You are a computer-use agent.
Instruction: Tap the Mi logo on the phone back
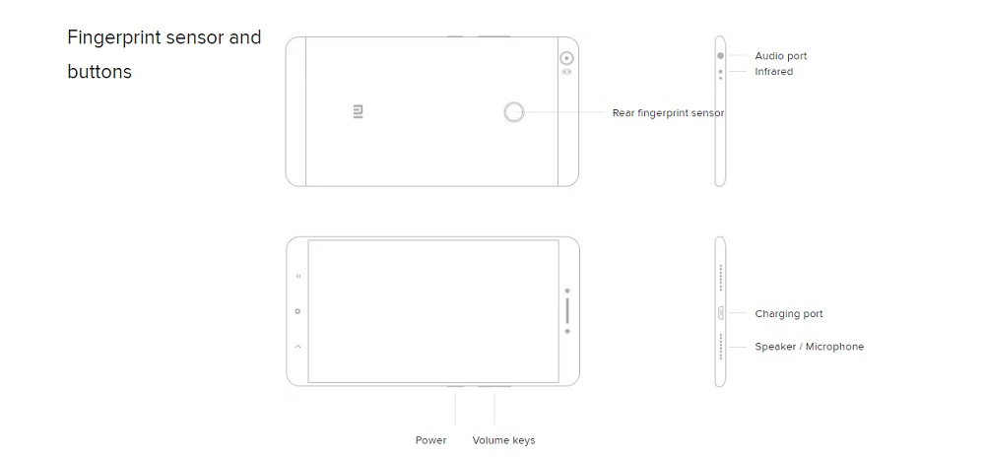[x=359, y=112]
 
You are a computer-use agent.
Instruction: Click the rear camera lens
[x=566, y=58]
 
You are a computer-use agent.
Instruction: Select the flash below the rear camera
[x=566, y=72]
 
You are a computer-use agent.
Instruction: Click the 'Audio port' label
[x=781, y=56]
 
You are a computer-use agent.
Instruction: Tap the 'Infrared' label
[x=774, y=72]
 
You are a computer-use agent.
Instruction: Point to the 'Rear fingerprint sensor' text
[x=669, y=113]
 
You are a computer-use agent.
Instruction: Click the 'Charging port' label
[x=789, y=314]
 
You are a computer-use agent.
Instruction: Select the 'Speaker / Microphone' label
[x=809, y=347]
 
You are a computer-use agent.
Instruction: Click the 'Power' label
[x=431, y=440]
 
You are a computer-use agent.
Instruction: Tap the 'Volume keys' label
[x=503, y=440]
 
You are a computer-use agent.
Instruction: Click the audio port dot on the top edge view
[x=721, y=55]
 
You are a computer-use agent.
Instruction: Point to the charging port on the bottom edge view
[x=721, y=312]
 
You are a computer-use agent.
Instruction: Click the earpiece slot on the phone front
[x=567, y=310]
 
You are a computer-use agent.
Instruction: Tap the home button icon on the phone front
[x=297, y=311]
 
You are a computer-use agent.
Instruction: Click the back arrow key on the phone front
[x=297, y=346]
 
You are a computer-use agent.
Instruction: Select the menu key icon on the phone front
[x=297, y=276]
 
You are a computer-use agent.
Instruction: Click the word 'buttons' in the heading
[x=99, y=72]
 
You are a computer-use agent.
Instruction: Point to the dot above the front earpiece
[x=567, y=291]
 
